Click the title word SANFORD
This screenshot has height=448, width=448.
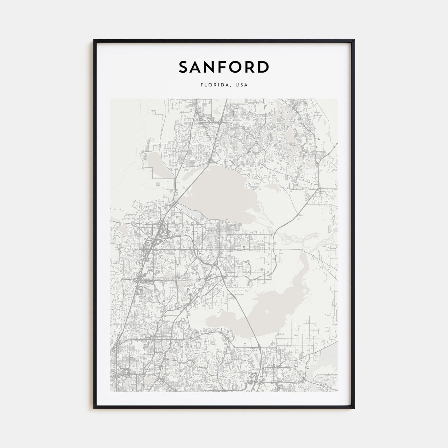click(224, 67)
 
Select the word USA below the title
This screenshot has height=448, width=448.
click(242, 85)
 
